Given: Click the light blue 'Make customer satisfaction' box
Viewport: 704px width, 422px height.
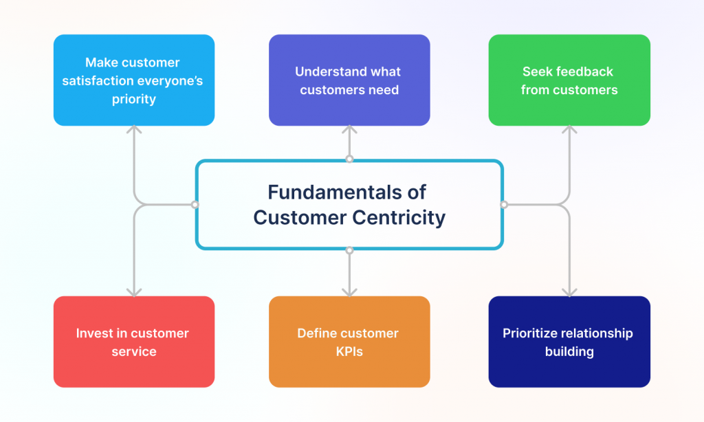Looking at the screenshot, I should pos(133,80).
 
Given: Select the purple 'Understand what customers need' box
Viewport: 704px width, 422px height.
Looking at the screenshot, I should pos(349,80).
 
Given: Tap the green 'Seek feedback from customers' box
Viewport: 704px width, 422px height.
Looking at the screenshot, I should pos(569,80).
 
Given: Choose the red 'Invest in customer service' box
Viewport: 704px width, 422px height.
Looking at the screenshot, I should pos(133,342).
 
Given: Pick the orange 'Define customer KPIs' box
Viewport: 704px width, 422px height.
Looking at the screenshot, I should pos(349,342).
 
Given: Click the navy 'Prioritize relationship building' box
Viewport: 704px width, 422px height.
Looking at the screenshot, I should pos(569,342).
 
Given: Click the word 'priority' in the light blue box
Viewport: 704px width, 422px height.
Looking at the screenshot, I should pos(133,99).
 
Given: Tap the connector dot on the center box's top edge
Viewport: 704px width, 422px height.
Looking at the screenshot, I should pos(349,159).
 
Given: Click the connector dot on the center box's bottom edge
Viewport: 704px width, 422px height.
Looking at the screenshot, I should pos(349,250).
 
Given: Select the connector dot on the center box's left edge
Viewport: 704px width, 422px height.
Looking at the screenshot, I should pos(195,205).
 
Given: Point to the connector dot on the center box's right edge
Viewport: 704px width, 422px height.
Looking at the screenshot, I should pos(503,205).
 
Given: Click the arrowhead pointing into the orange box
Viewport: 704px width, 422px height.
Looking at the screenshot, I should pos(349,291).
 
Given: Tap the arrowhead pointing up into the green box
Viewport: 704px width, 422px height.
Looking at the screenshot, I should pos(569,131).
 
